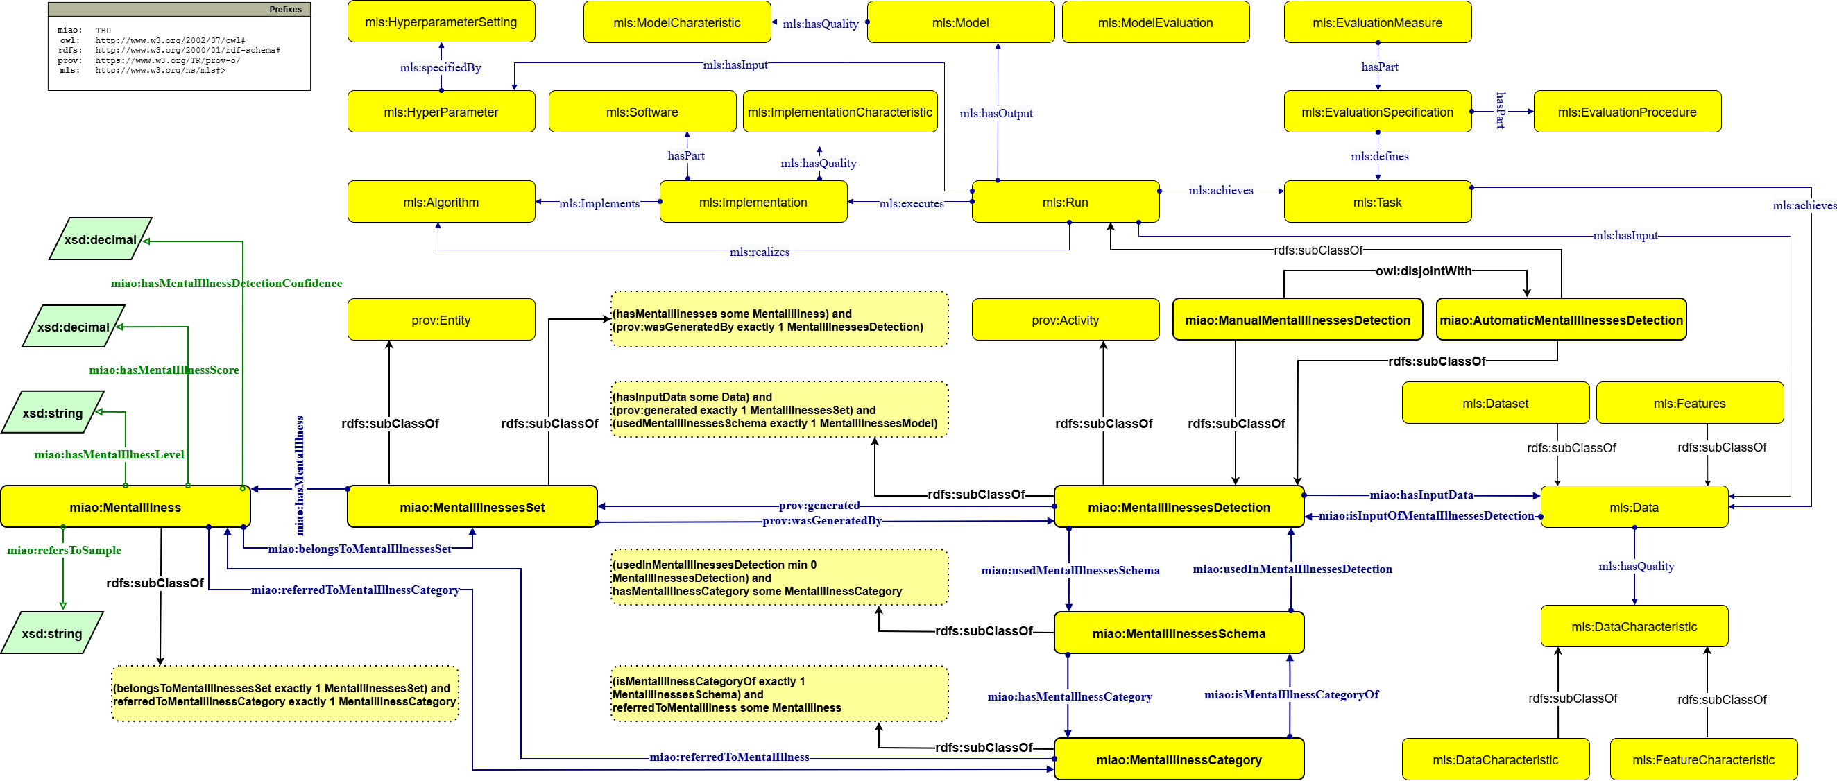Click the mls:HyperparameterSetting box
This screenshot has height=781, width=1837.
pos(441,22)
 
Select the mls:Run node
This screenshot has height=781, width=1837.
pos(1065,202)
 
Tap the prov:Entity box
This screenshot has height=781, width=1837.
pos(441,320)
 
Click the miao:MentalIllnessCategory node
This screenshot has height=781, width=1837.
pos(1178,759)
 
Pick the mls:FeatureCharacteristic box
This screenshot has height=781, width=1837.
pos(1703,759)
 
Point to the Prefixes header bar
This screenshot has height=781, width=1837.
pos(179,9)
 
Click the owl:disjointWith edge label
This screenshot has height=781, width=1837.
pos(1423,271)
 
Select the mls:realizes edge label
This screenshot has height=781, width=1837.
pos(759,252)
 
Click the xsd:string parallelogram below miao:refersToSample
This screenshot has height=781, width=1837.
pos(52,633)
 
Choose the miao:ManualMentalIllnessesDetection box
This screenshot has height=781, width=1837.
pos(1297,320)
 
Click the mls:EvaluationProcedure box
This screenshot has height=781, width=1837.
pos(1627,112)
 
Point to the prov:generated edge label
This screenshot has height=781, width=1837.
pos(819,505)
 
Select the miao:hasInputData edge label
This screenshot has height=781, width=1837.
pos(1421,495)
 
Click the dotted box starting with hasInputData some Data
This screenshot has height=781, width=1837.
pos(779,409)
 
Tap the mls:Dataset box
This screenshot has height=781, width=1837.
pos(1495,403)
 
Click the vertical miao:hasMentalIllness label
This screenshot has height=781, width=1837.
pos(300,475)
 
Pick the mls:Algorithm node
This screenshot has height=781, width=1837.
pos(441,202)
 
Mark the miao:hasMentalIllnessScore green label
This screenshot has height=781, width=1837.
pos(163,370)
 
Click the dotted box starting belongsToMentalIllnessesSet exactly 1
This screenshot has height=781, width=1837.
pos(284,694)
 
